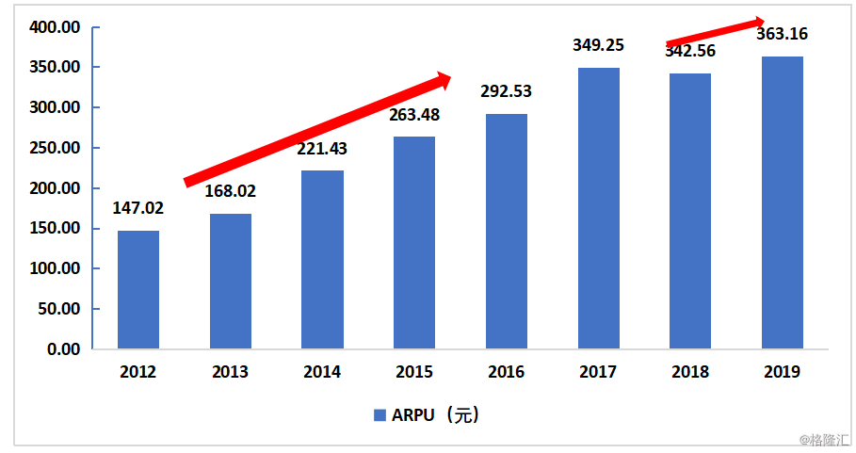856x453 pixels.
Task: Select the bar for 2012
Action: click(x=138, y=290)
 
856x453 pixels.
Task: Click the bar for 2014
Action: click(x=322, y=260)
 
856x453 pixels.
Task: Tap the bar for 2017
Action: click(x=599, y=208)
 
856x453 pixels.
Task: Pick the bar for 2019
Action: click(x=783, y=202)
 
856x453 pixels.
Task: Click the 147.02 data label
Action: click(x=138, y=208)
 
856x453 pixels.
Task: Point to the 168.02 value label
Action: click(x=231, y=191)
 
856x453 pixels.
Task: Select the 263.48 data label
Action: click(x=414, y=116)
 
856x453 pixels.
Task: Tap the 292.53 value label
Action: click(x=507, y=91)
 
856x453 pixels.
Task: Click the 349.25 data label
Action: click(x=599, y=44)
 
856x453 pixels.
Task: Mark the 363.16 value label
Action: click(x=783, y=35)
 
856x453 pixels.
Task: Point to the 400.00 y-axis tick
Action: click(x=55, y=27)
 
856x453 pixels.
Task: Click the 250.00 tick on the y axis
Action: click(x=55, y=148)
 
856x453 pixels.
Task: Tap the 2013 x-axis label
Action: click(x=231, y=372)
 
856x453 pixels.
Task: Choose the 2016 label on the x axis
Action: click(x=507, y=372)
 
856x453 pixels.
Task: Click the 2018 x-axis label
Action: click(x=690, y=372)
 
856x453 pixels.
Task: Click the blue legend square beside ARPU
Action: click(x=380, y=415)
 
